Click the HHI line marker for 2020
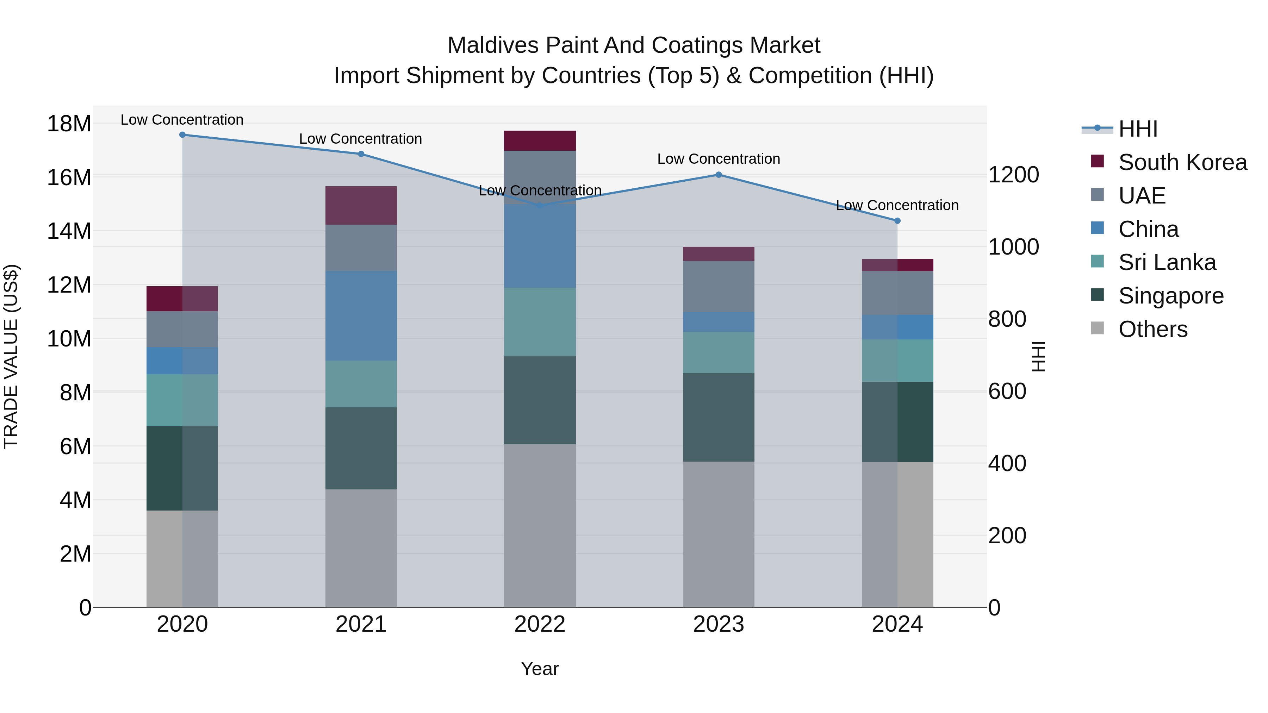pos(182,135)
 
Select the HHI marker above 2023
pos(718,175)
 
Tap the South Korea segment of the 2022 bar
pos(540,141)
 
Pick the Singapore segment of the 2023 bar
pos(718,417)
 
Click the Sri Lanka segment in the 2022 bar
pos(540,322)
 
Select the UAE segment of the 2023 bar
pos(718,286)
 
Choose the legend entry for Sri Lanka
pos(1167,262)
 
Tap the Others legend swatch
pos(1097,328)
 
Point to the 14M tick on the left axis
pos(69,231)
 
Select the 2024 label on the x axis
pos(897,624)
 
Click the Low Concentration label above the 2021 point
pos(360,139)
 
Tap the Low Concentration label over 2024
pos(897,205)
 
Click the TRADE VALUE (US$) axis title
pos(11,356)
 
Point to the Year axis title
pos(540,669)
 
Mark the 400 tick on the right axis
pos(1007,463)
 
